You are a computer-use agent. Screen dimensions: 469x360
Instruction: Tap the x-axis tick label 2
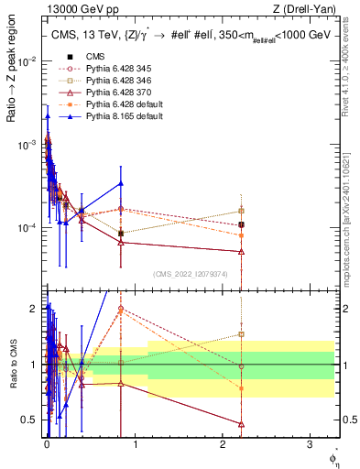(x=223, y=442)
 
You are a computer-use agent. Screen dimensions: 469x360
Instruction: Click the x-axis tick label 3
(x=311, y=442)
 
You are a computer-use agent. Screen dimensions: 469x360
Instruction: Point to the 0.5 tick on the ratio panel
(x=27, y=420)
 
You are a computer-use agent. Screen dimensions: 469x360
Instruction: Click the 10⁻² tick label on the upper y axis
(x=26, y=61)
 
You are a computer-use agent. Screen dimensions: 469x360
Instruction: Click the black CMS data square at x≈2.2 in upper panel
(x=241, y=224)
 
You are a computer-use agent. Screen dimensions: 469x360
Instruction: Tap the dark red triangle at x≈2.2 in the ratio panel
(x=241, y=424)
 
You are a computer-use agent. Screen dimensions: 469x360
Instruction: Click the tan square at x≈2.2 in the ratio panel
(x=241, y=334)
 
